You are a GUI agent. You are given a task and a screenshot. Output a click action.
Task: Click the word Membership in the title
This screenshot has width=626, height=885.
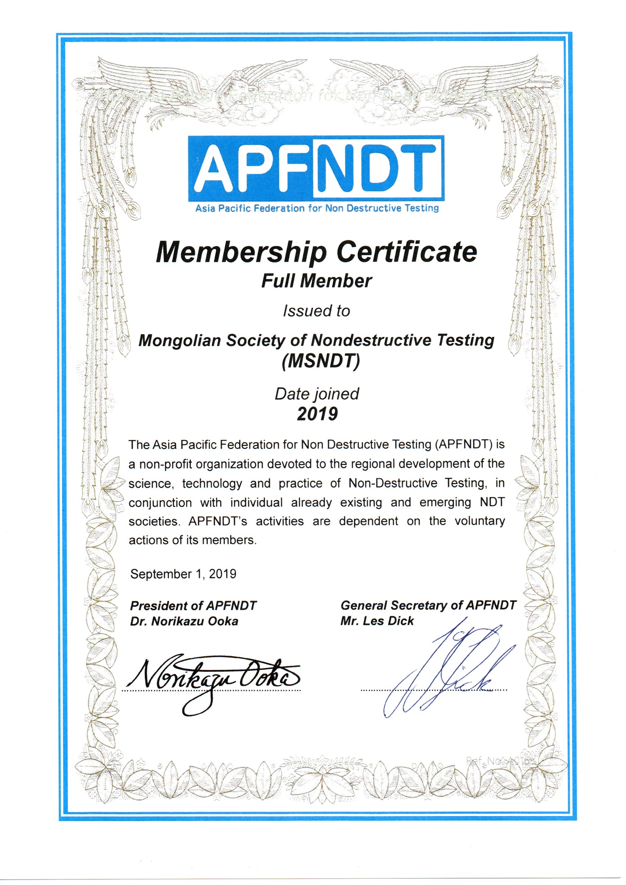pos(241,253)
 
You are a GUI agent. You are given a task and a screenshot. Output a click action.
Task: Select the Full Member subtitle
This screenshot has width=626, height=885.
pos(316,281)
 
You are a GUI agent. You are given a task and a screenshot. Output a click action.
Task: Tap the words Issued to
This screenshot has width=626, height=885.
pos(316,311)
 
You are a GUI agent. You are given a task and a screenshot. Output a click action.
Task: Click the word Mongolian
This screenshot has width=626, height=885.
pos(179,340)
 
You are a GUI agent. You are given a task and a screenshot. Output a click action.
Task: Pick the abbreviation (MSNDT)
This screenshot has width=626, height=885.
pos(321,361)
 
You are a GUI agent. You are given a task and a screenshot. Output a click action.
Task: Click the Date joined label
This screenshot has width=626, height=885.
pos(316,394)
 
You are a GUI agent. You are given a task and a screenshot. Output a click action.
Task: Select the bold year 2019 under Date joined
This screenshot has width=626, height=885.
pos(317,414)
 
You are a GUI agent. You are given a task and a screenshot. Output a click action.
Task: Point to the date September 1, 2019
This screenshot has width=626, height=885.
pos(183,574)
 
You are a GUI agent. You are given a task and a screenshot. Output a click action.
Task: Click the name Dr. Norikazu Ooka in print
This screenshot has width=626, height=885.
pos(184,621)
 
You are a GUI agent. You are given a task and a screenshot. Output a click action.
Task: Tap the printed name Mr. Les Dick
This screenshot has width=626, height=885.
pos(377,621)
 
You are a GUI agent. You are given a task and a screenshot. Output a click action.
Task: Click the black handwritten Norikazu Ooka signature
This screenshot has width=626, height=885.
pos(212,680)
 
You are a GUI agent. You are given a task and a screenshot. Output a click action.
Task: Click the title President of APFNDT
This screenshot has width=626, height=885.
pos(193,606)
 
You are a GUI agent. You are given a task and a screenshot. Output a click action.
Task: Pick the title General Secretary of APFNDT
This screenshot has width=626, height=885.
pos(428,605)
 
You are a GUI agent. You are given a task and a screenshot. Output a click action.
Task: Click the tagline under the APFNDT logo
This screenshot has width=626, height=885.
pos(317,209)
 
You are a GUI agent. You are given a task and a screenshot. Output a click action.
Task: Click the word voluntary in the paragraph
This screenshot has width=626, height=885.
pos(480,521)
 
